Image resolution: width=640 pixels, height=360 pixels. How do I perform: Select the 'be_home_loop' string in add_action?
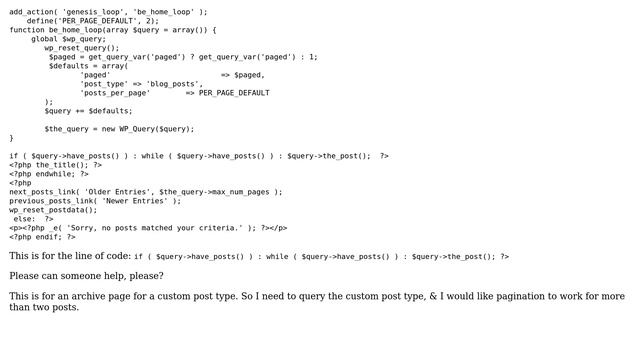click(x=169, y=11)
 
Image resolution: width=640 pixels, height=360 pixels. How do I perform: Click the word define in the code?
click(x=40, y=20)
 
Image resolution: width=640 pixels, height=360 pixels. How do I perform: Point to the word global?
click(x=44, y=38)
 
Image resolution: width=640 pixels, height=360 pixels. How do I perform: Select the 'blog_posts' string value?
click(x=174, y=84)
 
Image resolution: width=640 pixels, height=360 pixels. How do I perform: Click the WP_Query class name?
click(x=138, y=129)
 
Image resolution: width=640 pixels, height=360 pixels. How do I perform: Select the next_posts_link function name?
click(x=42, y=192)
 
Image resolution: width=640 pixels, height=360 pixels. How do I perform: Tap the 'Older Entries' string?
click(x=118, y=192)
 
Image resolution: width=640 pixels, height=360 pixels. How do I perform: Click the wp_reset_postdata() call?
click(x=53, y=210)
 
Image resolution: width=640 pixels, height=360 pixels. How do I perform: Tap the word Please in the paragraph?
click(x=26, y=276)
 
